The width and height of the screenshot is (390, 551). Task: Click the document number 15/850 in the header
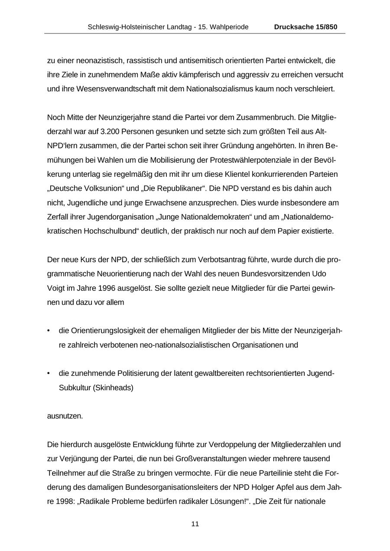(x=325, y=27)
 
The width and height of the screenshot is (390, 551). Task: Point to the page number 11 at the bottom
(x=195, y=524)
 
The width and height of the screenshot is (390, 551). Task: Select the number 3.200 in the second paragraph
(x=112, y=132)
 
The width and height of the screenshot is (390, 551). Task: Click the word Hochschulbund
(x=107, y=231)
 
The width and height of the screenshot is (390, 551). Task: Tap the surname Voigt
(x=55, y=288)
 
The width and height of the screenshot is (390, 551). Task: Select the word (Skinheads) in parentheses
(x=114, y=388)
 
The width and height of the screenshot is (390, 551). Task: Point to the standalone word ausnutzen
(x=65, y=416)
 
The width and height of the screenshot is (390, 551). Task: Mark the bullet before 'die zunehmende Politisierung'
(x=49, y=374)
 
